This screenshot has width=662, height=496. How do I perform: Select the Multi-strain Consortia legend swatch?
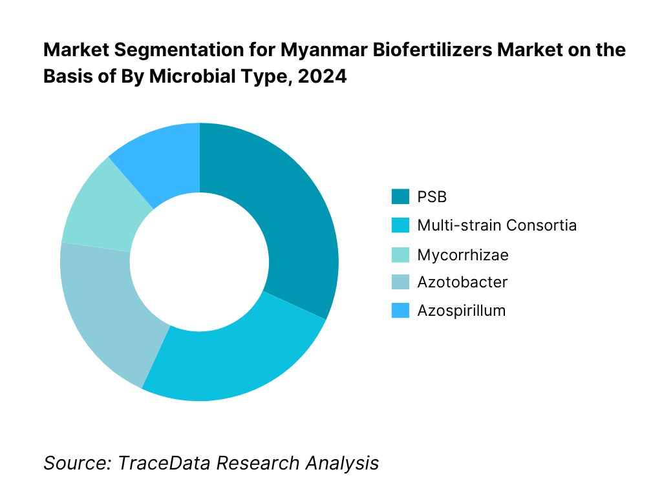[400, 225]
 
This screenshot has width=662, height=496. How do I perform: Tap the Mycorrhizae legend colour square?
[400, 254]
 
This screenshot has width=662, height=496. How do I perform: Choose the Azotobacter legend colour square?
[400, 282]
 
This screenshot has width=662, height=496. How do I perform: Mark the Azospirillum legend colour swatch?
[400, 311]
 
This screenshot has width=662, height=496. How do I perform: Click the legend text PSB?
[432, 197]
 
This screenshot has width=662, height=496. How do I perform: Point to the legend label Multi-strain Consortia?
[496, 225]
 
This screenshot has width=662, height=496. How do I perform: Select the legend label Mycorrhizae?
[463, 254]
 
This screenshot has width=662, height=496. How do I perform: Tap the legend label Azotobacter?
[462, 282]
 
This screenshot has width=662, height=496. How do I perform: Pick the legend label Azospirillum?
[461, 311]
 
